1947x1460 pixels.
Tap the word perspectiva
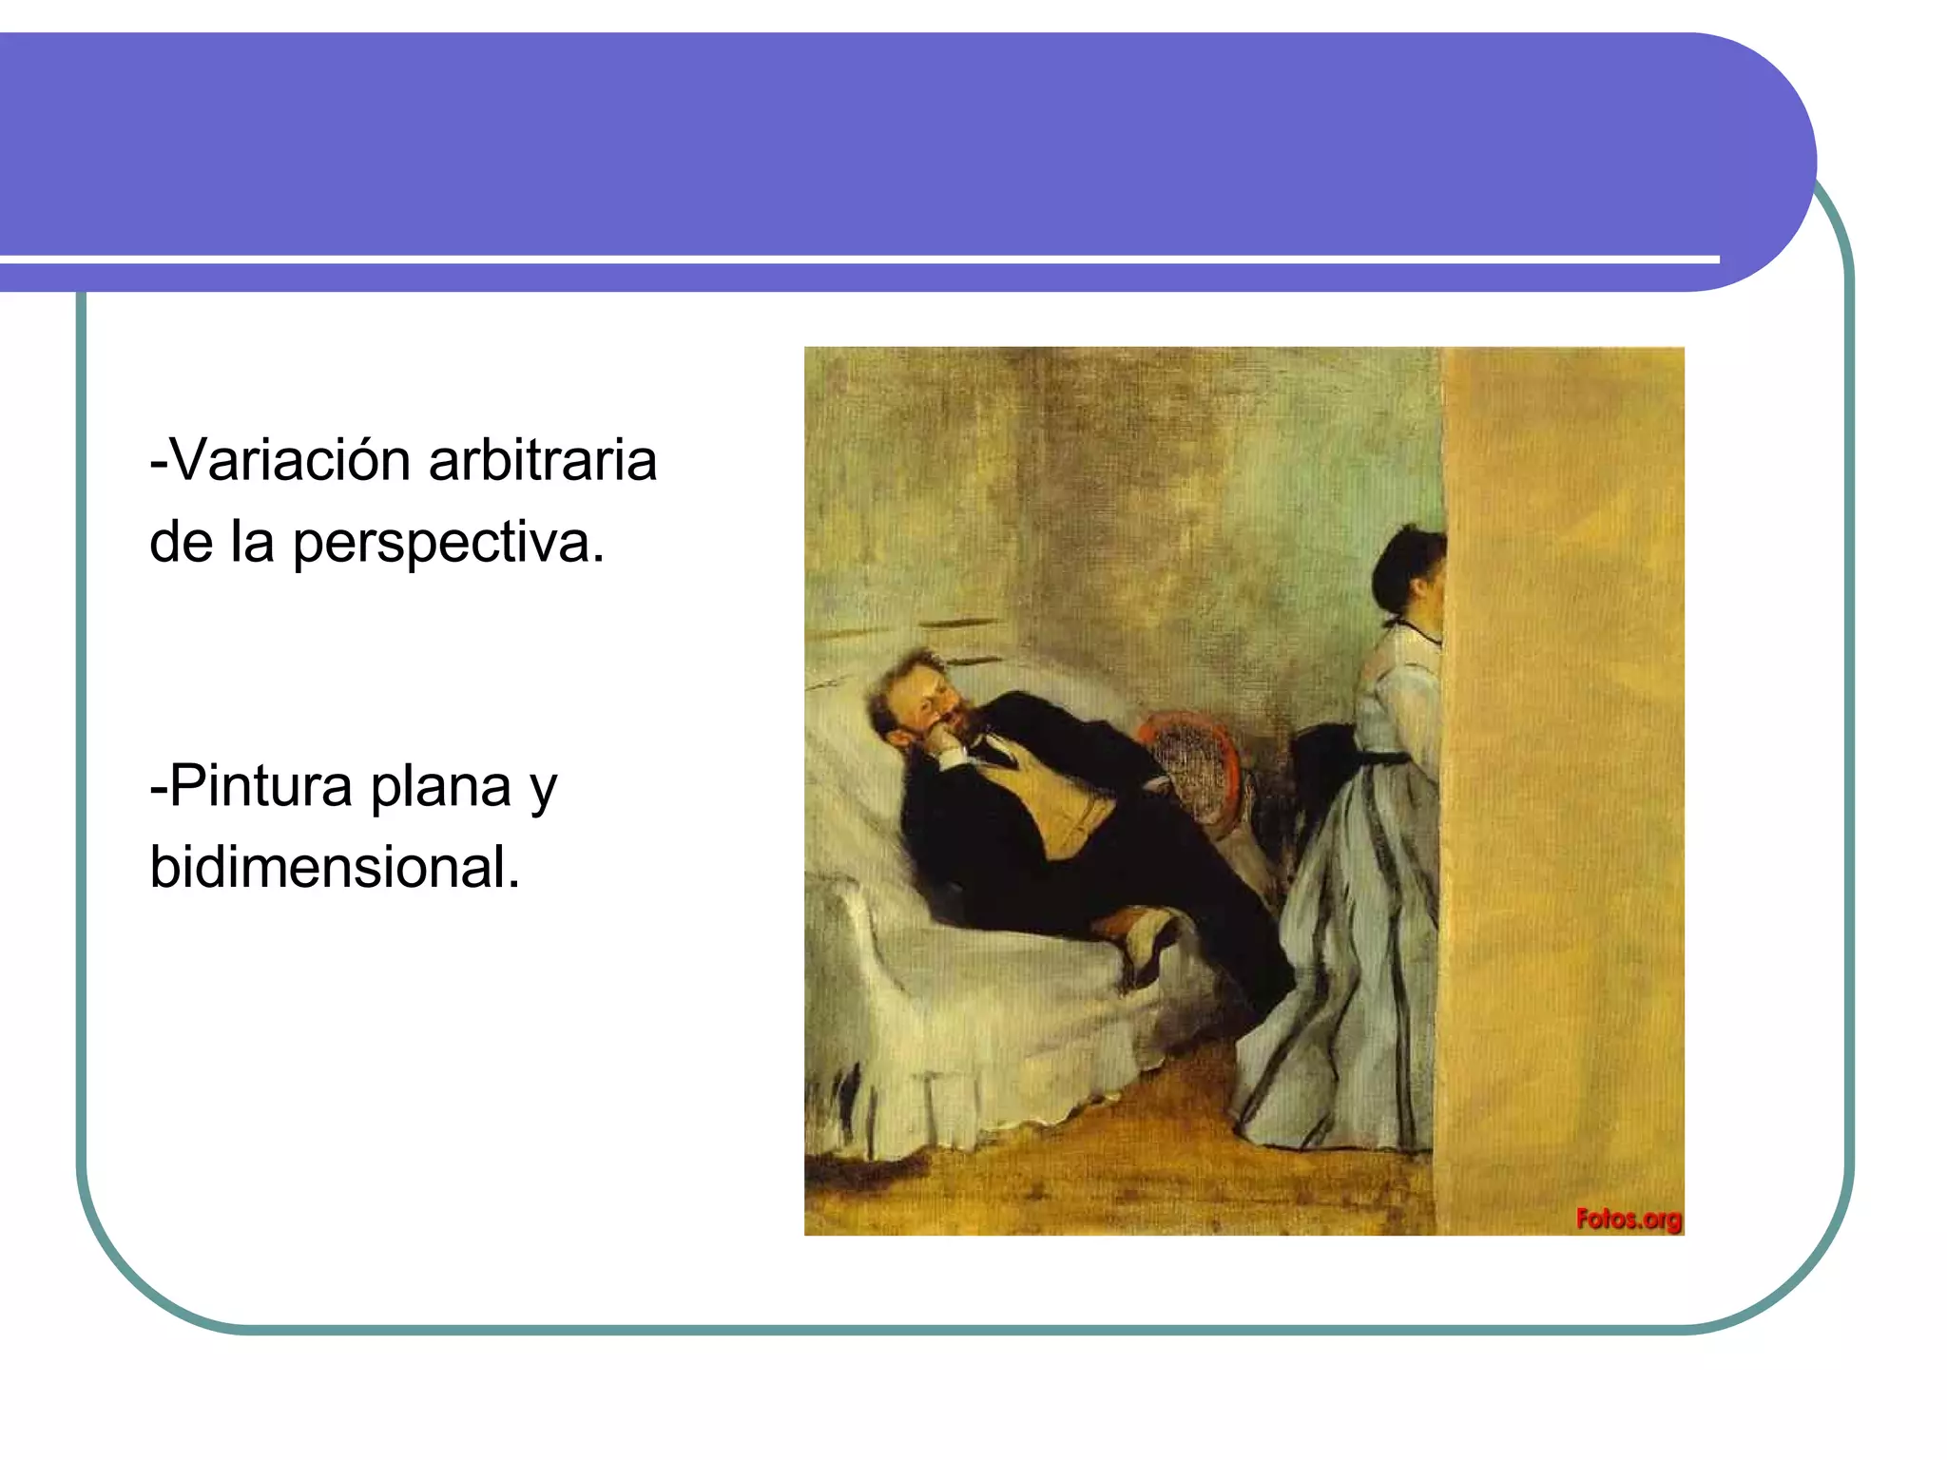coord(447,544)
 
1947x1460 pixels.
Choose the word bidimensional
coord(335,868)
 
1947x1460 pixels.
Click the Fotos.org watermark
coord(1629,1219)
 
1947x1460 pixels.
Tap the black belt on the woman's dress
coord(1388,759)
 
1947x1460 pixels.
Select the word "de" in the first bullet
coord(181,544)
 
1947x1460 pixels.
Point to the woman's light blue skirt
coord(1350,998)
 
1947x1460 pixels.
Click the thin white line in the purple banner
coord(856,259)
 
